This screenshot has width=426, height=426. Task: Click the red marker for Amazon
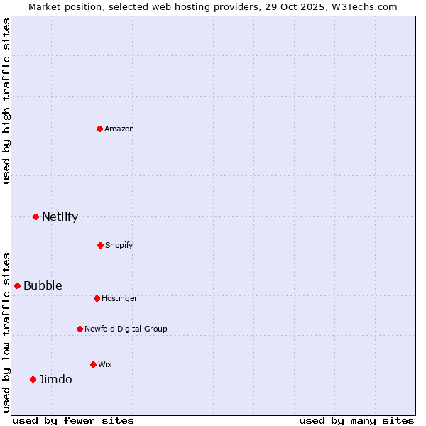point(100,129)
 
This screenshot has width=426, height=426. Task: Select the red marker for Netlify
point(35,217)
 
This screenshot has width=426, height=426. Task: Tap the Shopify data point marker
point(100,245)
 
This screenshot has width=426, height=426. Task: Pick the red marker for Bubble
point(17,285)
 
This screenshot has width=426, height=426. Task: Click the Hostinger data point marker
point(97,298)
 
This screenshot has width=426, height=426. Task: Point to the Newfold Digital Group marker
point(80,329)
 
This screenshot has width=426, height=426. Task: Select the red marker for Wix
point(93,364)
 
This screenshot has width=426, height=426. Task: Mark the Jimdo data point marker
point(33,379)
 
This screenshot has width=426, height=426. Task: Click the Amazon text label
point(119,129)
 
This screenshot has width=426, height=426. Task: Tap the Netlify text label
point(60,217)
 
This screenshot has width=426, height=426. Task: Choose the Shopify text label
point(119,245)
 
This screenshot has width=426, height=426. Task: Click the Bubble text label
point(43,285)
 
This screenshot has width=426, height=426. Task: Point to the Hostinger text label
point(119,298)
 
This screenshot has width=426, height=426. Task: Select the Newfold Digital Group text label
point(126,329)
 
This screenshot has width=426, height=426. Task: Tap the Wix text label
point(105,364)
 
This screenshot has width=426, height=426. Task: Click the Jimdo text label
point(55,379)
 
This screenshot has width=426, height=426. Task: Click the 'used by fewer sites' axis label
point(73,420)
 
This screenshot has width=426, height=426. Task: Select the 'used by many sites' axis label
point(356,420)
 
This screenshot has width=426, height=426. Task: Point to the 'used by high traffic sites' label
point(6,101)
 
